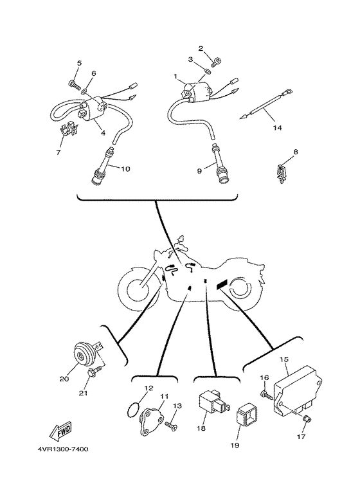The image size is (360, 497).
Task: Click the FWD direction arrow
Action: coord(60,431)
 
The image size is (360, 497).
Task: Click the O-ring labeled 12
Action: coord(134,410)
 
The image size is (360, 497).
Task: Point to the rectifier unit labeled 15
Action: coord(297,390)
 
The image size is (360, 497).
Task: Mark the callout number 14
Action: coord(277,128)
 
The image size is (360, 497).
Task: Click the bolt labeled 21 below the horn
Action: coord(96,371)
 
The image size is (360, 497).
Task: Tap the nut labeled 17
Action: coord(307,419)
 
